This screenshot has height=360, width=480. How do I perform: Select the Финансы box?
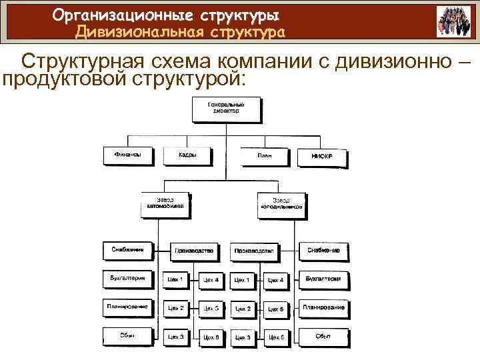pos(127,156)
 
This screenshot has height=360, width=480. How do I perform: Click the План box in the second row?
pos(264,157)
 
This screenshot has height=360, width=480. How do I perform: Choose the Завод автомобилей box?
pos(165,204)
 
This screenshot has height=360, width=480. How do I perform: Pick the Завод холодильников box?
pos(281,204)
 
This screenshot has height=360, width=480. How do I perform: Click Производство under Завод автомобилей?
pos(193,251)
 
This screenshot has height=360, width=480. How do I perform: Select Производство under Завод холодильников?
pos(253,251)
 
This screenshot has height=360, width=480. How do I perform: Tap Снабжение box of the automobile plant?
pos(127,251)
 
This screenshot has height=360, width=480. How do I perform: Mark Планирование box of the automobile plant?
pos(127,307)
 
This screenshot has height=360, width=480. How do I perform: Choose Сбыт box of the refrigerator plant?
pos(323,335)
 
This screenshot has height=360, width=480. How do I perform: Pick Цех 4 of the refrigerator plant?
pos(276,280)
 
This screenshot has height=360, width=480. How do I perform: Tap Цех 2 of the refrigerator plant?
pos(242,309)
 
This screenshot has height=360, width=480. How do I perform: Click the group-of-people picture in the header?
pos(453,21)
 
